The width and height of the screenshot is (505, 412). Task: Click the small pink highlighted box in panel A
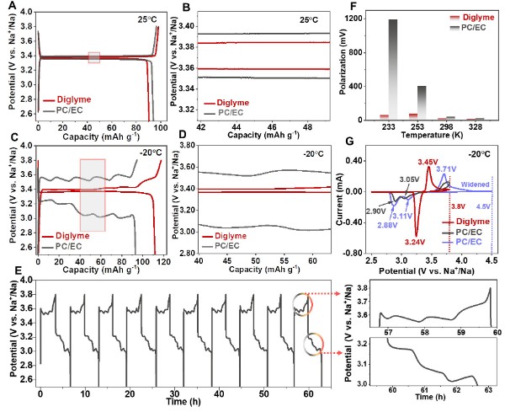pos(94,57)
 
